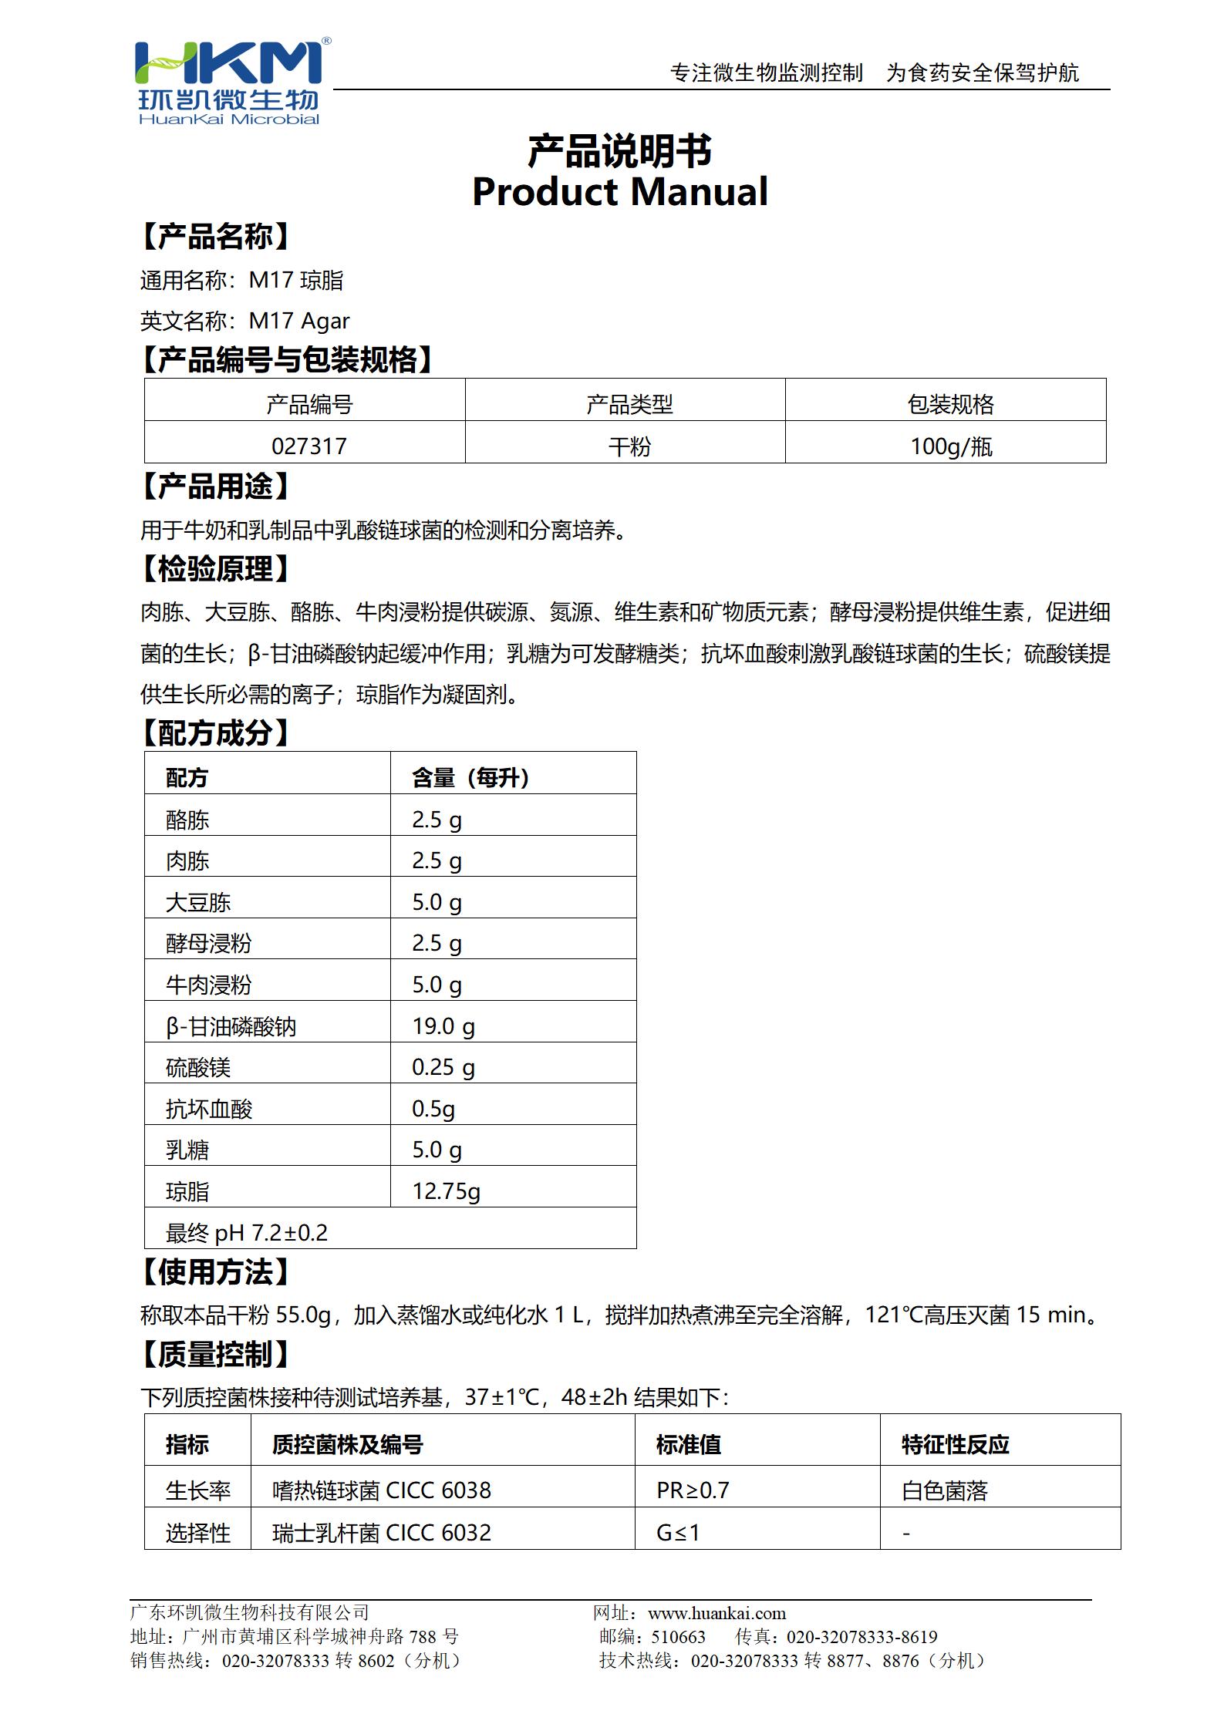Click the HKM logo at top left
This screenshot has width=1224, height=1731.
[229, 81]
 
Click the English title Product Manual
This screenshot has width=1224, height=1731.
[619, 192]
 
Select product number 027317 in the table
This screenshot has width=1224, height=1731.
[309, 446]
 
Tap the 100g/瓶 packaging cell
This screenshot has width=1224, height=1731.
[950, 446]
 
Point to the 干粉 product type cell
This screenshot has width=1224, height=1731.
[629, 446]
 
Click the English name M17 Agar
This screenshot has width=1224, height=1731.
[299, 321]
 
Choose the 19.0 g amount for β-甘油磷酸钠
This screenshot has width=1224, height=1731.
[443, 1026]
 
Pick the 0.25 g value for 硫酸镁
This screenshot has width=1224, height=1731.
[443, 1067]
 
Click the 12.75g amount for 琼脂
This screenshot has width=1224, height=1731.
[446, 1191]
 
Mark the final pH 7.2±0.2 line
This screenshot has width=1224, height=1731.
[247, 1233]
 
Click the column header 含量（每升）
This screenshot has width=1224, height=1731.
[470, 778]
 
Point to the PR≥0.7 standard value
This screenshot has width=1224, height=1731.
[693, 1490]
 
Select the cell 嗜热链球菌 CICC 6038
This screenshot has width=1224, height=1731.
[381, 1490]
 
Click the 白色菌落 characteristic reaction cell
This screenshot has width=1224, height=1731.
[944, 1490]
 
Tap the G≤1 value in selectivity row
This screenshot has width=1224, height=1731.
[678, 1532]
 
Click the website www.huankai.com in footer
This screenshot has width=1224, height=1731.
[717, 1613]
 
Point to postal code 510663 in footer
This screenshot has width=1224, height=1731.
[678, 1637]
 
